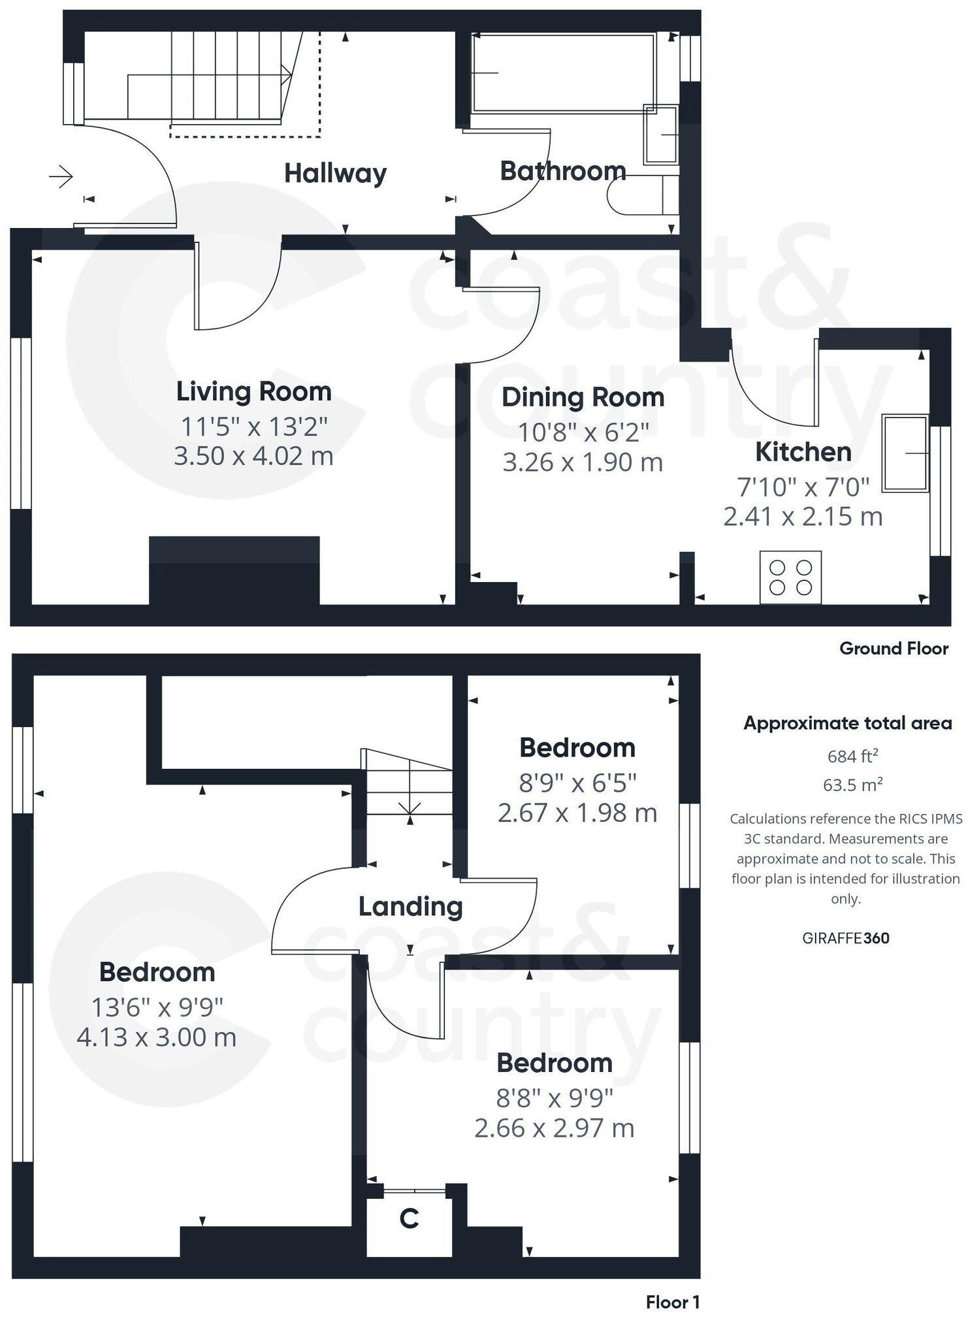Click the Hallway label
click(x=335, y=173)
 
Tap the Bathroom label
click(x=562, y=171)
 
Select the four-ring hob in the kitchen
click(x=790, y=577)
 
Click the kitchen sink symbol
click(x=905, y=453)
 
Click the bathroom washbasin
click(x=661, y=135)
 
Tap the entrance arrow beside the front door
click(x=61, y=176)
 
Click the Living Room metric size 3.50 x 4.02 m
click(x=253, y=455)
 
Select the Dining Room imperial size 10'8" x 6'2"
click(x=583, y=432)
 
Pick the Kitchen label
click(x=803, y=452)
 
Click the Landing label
click(x=410, y=906)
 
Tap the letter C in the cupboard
click(x=409, y=1218)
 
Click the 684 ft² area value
click(x=852, y=756)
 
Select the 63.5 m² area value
click(x=852, y=785)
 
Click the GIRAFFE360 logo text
click(x=845, y=938)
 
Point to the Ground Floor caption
click(x=893, y=649)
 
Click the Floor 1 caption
click(x=672, y=1302)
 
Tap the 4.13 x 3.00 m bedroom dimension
click(x=156, y=1037)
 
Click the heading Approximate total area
click(x=847, y=723)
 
